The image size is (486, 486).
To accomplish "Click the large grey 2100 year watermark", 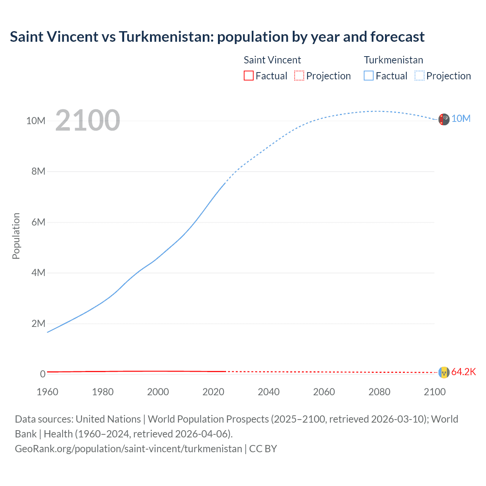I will tap(88, 120).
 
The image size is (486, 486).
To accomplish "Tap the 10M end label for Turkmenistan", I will tap(461, 118).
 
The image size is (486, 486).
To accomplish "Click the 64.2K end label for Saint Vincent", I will tap(463, 372).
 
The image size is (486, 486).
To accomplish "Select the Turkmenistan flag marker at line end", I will tap(443, 119).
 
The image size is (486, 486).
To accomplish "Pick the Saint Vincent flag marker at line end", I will tap(443, 372).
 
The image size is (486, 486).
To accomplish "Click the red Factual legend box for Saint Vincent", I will tap(248, 76).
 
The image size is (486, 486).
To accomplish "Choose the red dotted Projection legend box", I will tap(299, 76).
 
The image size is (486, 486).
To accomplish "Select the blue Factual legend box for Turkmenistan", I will tap(368, 76).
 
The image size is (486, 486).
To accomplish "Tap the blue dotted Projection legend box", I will tap(419, 76).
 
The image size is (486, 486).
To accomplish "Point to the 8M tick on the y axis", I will tap(38, 171).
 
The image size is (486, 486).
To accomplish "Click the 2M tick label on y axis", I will tap(38, 323).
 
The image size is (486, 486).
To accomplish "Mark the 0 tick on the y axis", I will tap(43, 374).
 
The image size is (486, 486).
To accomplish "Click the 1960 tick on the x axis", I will tap(47, 392).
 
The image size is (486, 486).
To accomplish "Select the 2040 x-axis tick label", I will tap(268, 392).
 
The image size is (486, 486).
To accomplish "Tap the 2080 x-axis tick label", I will tap(379, 392).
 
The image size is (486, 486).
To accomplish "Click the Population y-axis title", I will tap(16, 236).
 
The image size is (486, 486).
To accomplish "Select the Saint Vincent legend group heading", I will tap(272, 60).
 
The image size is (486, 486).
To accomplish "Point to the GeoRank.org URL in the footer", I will tap(128, 449).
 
